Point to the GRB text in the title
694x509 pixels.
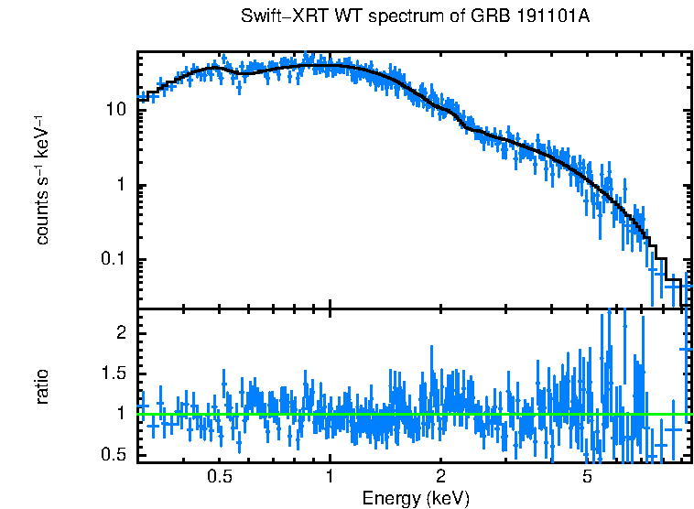tap(493, 17)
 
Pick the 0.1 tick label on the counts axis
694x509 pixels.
tap(112, 261)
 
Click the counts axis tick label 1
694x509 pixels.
tap(120, 185)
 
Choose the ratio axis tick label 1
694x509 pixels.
tap(120, 414)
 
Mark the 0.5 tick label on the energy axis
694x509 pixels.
tap(219, 476)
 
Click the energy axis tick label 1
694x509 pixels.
tap(330, 476)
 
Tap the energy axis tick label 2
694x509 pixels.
tap(440, 476)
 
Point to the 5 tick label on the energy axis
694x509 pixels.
tap(587, 476)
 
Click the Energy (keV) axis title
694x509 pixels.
tap(416, 498)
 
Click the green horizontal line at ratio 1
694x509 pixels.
tap(366, 414)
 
